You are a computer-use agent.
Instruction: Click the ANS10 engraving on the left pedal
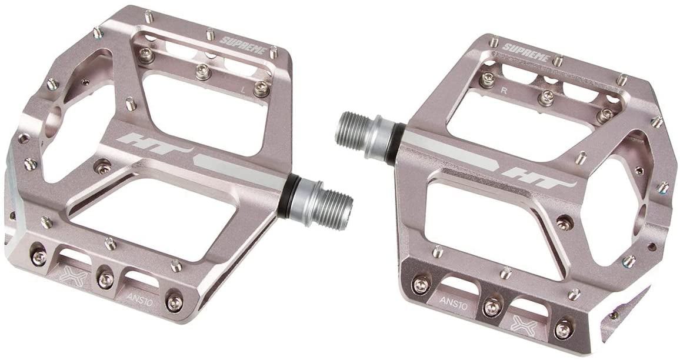click(x=139, y=300)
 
